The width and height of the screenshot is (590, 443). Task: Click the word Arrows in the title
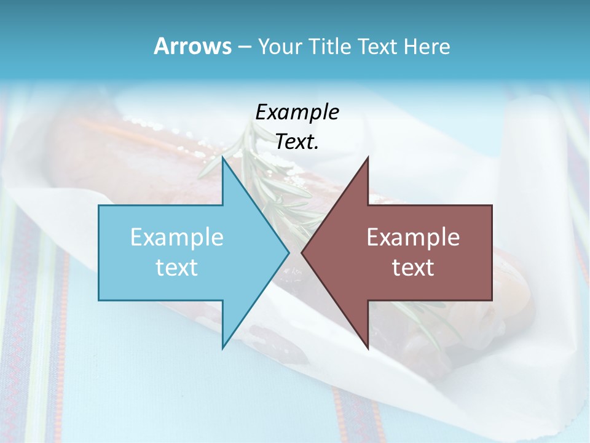192,46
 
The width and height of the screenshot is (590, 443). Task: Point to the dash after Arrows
244,47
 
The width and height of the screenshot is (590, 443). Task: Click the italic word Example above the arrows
297,113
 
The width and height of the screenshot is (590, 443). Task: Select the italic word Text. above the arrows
297,142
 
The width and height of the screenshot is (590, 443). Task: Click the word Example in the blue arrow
177,237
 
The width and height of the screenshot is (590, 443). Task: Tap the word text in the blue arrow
177,268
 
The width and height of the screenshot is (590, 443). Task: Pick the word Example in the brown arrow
413,237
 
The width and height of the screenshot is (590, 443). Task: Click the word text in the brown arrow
413,268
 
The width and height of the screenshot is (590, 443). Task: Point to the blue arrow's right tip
289,252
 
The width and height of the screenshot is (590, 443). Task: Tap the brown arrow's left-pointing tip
302,252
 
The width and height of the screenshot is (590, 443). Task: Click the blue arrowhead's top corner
222,157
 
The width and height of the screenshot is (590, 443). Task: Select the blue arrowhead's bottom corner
222,348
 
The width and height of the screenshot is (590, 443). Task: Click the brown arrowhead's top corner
368,157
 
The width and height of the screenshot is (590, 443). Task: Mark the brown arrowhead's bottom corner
368,348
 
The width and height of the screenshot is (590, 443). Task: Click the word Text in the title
377,47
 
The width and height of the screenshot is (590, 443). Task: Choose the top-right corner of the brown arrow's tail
492,206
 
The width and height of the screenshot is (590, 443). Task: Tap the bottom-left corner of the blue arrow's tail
99,300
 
